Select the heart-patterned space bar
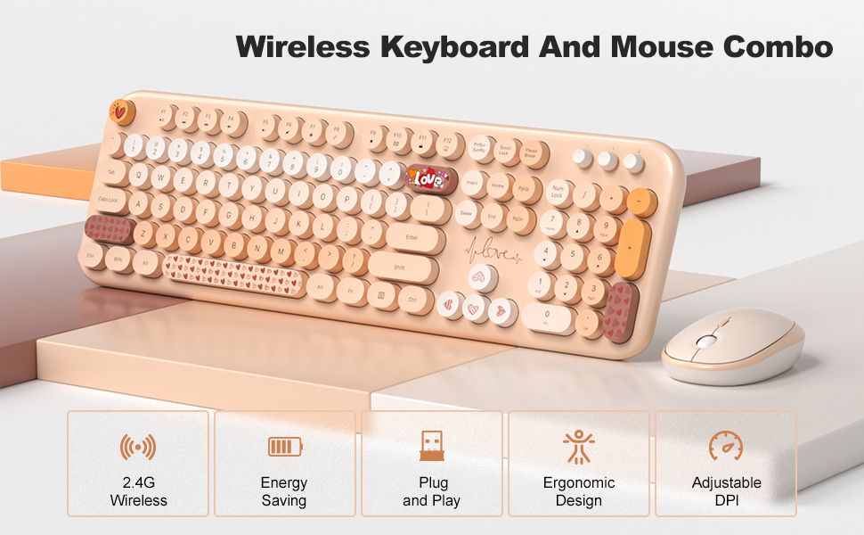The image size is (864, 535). [x=234, y=278]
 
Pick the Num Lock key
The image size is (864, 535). [x=558, y=191]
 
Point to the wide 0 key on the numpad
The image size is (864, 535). [x=548, y=315]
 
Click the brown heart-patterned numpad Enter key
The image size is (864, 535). [x=619, y=312]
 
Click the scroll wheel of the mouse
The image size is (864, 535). [x=706, y=341]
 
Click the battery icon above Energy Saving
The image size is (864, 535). [x=285, y=446]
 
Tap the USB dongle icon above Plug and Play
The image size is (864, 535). [x=432, y=444]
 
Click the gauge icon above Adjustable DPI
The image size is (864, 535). [x=726, y=445]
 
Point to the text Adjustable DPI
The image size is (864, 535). [x=726, y=491]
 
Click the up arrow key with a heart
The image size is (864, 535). [x=482, y=278]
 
